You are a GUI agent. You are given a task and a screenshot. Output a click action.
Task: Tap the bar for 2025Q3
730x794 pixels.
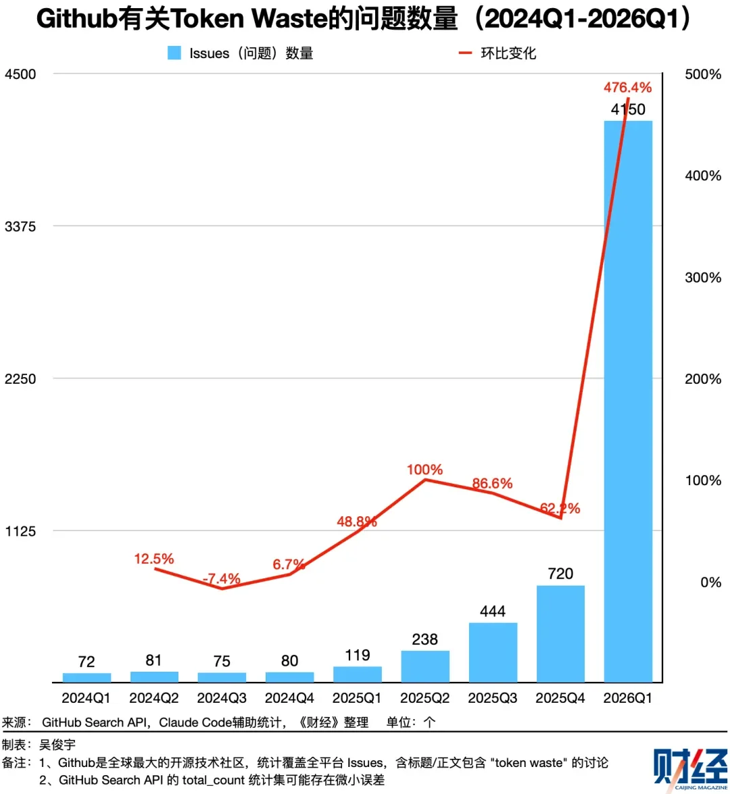point(493,652)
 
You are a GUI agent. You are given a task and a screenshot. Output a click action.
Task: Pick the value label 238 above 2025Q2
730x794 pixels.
point(425,639)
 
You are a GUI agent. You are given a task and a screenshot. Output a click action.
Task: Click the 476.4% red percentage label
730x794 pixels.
point(628,88)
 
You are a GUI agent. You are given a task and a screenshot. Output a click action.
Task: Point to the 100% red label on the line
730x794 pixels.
point(424,470)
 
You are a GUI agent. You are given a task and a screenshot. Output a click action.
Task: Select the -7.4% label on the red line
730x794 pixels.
point(222,579)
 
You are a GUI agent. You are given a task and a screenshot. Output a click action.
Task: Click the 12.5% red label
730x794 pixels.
point(154,559)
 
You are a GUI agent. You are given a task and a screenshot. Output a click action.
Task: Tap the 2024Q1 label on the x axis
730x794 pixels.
point(87,698)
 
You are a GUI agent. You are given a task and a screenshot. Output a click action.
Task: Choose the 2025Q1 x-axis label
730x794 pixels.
point(357,698)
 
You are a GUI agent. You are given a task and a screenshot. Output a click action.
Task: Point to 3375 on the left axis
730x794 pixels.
point(20,226)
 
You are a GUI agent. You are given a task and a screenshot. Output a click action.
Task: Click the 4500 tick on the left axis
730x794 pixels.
point(20,74)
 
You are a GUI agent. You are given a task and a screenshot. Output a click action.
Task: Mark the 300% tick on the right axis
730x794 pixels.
point(703,278)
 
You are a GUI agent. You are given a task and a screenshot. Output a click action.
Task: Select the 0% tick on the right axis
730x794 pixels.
point(710,582)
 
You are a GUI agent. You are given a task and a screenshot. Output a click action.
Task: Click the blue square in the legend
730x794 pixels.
point(174,53)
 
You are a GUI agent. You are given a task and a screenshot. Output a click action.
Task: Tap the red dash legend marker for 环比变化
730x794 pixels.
point(465,53)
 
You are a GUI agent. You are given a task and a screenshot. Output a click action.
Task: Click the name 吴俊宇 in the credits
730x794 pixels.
point(57,745)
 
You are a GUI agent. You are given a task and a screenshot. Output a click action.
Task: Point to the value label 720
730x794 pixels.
point(560,574)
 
